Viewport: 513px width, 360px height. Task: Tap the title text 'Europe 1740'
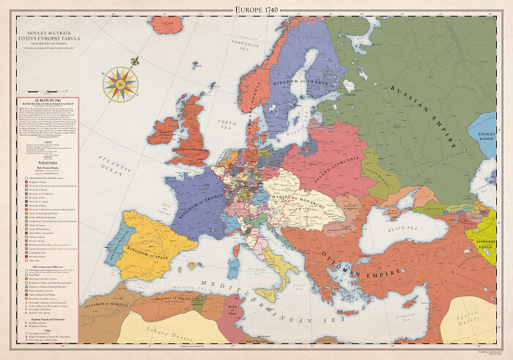(256, 8)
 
